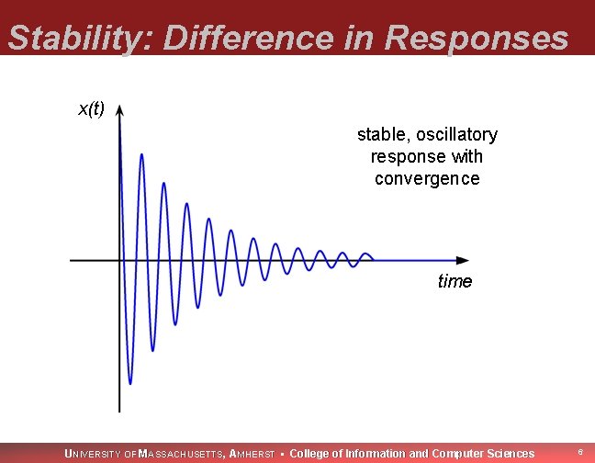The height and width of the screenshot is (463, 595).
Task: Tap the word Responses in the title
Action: pos(477,39)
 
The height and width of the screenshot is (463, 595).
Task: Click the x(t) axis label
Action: pos(91,109)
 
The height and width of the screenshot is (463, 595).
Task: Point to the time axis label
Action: pos(455,281)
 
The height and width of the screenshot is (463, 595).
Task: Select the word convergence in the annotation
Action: pos(427,178)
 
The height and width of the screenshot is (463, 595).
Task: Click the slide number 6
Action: pos(579,452)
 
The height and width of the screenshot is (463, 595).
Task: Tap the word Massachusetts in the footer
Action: pos(179,453)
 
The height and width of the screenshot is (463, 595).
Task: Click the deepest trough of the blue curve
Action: pos(130,383)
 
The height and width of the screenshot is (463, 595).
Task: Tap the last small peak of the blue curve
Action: pos(366,254)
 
